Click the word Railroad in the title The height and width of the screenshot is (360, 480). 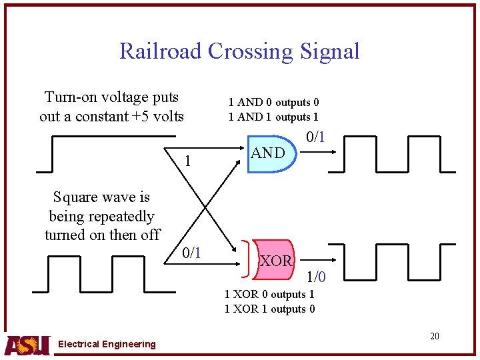161,51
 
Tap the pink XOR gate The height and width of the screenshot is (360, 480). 274,261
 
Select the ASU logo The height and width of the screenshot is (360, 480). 27,344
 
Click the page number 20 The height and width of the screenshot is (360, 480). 434,336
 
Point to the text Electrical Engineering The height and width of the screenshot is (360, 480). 107,344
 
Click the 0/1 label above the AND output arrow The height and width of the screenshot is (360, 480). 315,137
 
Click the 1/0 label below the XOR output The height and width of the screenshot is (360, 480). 316,275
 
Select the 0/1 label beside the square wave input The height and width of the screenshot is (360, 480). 192,253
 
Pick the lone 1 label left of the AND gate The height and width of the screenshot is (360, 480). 188,161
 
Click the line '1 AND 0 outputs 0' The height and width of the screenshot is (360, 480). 273,102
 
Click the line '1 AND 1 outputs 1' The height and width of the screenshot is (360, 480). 273,117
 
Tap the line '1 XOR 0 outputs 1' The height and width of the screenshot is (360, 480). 269,294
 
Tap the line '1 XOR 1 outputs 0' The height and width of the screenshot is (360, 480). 269,309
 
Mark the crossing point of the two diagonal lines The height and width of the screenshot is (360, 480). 205,202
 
